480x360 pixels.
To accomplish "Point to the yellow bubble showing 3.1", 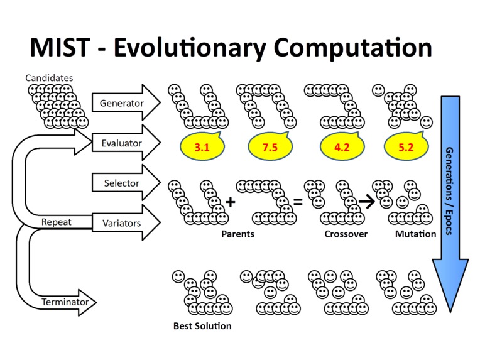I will coord(202,148).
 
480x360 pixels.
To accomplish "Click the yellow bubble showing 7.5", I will coord(270,148).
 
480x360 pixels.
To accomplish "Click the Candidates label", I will coord(49,78).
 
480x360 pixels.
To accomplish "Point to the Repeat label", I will coord(57,222).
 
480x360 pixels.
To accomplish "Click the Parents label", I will coord(237,234).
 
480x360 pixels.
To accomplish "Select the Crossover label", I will coord(346,234).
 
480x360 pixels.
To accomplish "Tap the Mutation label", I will coord(415,234).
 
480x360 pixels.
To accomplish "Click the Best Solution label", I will coord(202,326).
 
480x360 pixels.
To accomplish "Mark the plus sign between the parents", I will coord(230,202).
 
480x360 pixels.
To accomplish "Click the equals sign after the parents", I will coord(298,202).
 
